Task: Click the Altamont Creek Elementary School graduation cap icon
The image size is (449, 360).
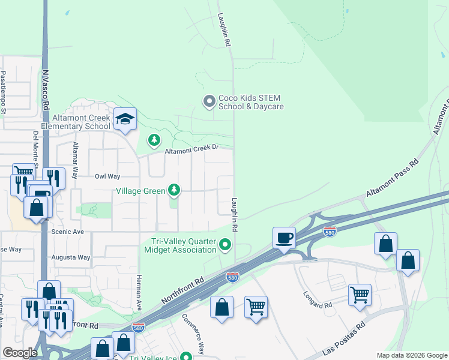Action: tap(125, 119)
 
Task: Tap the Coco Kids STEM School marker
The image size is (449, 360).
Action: tap(209, 101)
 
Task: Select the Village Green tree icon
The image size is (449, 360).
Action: tap(174, 190)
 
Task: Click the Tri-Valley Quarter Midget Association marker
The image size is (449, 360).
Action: tap(225, 244)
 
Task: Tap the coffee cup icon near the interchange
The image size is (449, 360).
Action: tap(284, 237)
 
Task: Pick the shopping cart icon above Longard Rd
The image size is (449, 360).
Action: tap(360, 294)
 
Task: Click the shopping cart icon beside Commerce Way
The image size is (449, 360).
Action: tap(256, 307)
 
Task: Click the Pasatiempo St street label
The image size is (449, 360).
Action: tap(4, 93)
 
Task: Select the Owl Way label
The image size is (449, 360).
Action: tap(107, 176)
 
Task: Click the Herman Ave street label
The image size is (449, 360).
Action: tap(138, 292)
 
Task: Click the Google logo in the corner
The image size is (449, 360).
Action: tap(20, 353)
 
